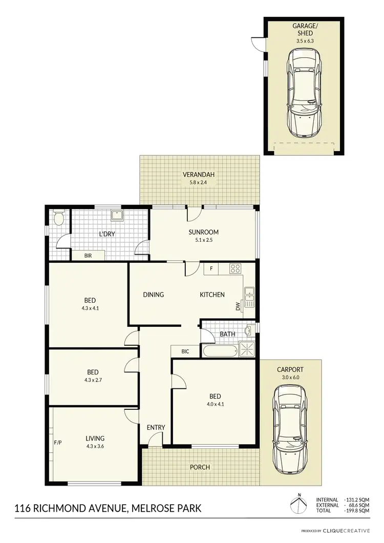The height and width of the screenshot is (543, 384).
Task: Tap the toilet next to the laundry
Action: (x=58, y=219)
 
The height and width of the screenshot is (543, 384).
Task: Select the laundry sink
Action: (x=118, y=215)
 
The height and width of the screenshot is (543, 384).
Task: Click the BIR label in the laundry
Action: (x=88, y=255)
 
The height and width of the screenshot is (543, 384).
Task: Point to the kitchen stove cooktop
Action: (x=235, y=268)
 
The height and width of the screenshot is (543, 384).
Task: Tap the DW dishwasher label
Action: (x=238, y=307)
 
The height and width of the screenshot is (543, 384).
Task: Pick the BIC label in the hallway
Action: (x=186, y=352)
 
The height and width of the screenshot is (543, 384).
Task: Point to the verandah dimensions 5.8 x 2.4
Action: (x=199, y=182)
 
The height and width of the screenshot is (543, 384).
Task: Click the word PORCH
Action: (x=200, y=467)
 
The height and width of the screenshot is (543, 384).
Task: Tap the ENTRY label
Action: (x=155, y=428)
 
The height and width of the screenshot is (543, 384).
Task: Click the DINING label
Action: (x=153, y=295)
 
